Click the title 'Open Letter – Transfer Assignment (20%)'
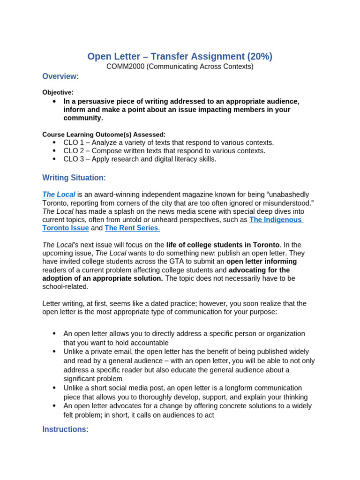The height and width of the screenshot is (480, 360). coord(180,56)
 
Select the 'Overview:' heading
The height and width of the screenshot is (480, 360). coord(60,76)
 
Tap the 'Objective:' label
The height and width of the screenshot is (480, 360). coord(58,92)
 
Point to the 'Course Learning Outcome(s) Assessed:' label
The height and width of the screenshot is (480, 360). coord(104,135)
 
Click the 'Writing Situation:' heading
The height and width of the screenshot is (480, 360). coord(74,178)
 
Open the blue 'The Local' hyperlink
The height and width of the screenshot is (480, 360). coord(59,195)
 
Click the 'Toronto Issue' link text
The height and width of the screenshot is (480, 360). coord(65,228)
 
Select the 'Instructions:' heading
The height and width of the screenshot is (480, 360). coord(65,429)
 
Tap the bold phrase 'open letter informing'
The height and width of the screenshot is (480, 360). coord(262,262)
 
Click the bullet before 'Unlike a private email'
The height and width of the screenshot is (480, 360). coord(54,352)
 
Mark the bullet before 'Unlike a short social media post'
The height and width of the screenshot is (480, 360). coord(54,388)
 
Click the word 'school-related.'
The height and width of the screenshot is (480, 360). coord(65,287)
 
